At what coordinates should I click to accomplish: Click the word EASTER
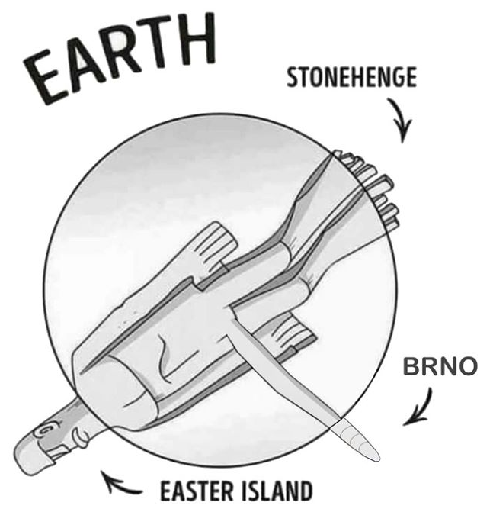(196, 489)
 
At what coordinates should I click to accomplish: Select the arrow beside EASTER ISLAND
(122, 483)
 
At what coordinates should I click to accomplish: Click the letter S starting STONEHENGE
(293, 78)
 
